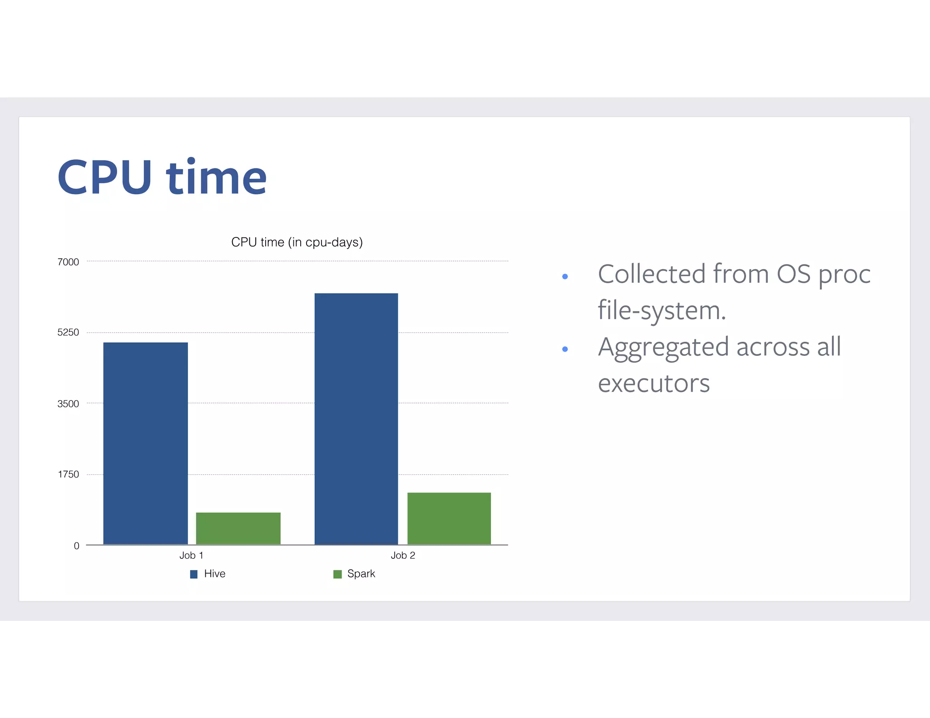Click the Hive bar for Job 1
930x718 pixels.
pyautogui.click(x=145, y=443)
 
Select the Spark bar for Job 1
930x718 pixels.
pyautogui.click(x=238, y=528)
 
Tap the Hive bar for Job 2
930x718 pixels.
pyautogui.click(x=356, y=418)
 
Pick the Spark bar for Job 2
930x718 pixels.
pyautogui.click(x=449, y=518)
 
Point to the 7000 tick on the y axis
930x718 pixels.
pyautogui.click(x=68, y=262)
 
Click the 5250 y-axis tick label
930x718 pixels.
pyautogui.click(x=68, y=332)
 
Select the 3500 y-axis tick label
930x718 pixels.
pyautogui.click(x=68, y=403)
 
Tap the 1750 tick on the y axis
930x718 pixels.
pyautogui.click(x=69, y=474)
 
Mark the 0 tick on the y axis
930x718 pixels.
pyautogui.click(x=76, y=546)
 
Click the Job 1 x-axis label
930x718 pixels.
pyautogui.click(x=191, y=555)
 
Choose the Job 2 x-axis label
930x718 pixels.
pyautogui.click(x=403, y=555)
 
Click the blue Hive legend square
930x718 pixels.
pyautogui.click(x=194, y=574)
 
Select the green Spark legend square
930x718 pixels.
pyautogui.click(x=337, y=574)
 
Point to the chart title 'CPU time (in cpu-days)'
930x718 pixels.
pyautogui.click(x=297, y=242)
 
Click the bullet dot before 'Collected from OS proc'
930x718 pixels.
pyautogui.click(x=565, y=276)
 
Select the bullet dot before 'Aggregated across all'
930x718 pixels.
pyautogui.click(x=565, y=349)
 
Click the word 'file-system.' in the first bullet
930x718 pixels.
pyautogui.click(x=662, y=311)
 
